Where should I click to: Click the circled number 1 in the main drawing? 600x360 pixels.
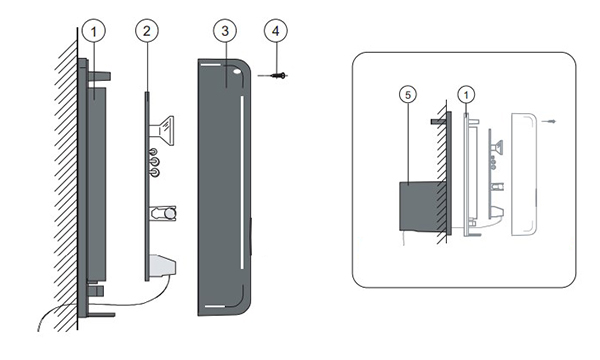tap(94, 31)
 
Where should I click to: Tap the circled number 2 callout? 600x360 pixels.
tap(147, 31)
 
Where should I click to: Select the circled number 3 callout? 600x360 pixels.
tap(225, 31)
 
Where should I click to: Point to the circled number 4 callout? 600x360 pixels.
tap(276, 31)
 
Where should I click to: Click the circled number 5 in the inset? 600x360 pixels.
tap(408, 95)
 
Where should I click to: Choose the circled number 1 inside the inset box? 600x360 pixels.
tap(466, 95)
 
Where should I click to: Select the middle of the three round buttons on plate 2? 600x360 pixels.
tap(154, 162)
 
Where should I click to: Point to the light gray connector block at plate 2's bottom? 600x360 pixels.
tap(163, 265)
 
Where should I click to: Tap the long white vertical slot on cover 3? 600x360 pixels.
tap(242, 182)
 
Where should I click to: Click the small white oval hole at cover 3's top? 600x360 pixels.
tap(237, 72)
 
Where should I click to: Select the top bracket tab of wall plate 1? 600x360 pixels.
tap(99, 76)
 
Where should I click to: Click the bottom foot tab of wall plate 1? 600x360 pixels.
tap(101, 315)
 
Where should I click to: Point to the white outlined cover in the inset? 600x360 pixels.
tap(524, 174)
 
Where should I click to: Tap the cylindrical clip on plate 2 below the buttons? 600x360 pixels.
tap(164, 213)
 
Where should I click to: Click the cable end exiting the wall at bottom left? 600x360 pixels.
tap(39, 330)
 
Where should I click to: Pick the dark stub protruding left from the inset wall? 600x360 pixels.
tap(439, 121)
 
